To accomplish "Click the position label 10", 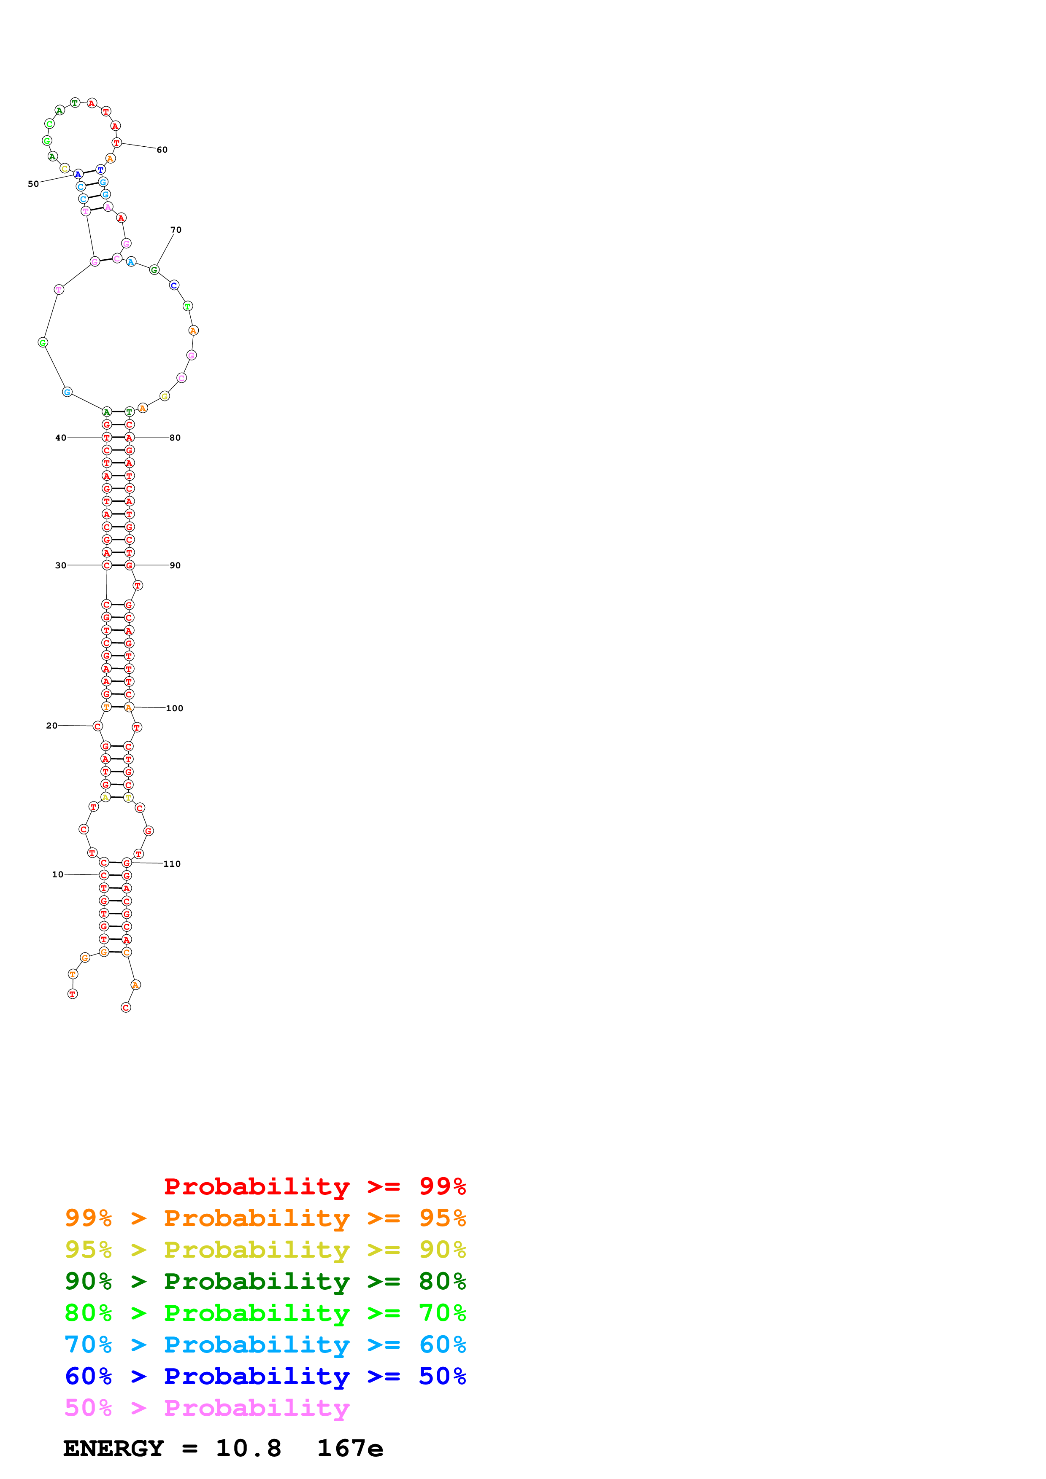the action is [x=57, y=874].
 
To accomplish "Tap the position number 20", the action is [x=51, y=725].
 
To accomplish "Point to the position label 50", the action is [x=33, y=183].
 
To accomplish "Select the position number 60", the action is [x=162, y=149].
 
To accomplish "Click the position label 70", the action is [x=176, y=229].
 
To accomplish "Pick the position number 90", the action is [x=175, y=565].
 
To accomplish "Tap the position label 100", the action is [x=175, y=708].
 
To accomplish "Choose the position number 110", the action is [x=172, y=864].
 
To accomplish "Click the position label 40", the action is [x=61, y=437].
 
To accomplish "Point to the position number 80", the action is [x=175, y=437].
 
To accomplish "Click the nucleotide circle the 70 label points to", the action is [x=154, y=269].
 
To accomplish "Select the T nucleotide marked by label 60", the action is [x=116, y=143].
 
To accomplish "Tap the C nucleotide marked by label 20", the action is [x=97, y=726].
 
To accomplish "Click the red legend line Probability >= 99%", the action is [x=314, y=1186].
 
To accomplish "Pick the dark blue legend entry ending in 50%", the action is [x=265, y=1376].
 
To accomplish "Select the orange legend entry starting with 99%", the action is [x=265, y=1218].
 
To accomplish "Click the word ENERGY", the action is [x=114, y=1448].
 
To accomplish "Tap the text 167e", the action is [x=350, y=1448].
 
